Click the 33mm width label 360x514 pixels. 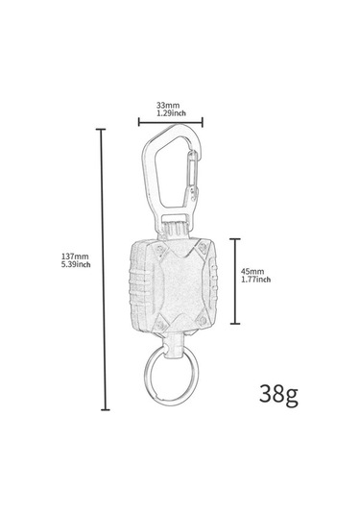point(168,106)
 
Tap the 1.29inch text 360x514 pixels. point(171,113)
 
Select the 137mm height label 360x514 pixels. point(75,257)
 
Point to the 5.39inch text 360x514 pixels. point(76,264)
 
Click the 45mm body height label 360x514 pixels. point(252,272)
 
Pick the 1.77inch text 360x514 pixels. point(255,280)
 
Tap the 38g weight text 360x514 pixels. point(278,394)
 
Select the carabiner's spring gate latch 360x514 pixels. point(192,176)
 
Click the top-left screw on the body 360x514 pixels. point(160,248)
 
